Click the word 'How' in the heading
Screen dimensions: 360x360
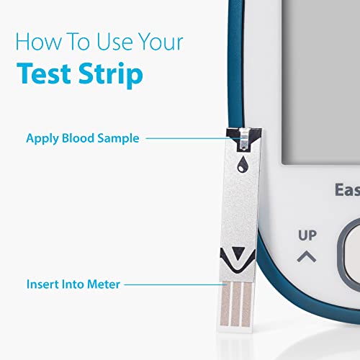point(38,42)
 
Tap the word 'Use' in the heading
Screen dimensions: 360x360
point(114,42)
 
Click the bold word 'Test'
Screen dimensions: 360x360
point(44,73)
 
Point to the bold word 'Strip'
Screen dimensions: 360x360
point(111,75)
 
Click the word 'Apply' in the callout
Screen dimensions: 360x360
point(42,139)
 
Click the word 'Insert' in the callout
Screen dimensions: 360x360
point(42,284)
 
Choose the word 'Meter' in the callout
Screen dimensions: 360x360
point(104,284)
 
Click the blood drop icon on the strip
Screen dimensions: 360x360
point(243,164)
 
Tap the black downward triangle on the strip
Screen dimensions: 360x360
point(238,253)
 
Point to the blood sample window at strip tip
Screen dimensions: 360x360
point(244,140)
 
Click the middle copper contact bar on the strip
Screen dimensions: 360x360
point(235,304)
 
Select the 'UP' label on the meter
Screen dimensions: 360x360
point(307,235)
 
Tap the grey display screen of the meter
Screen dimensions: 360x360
point(321,81)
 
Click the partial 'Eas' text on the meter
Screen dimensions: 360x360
point(348,190)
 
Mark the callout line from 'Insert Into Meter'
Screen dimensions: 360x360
point(176,284)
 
